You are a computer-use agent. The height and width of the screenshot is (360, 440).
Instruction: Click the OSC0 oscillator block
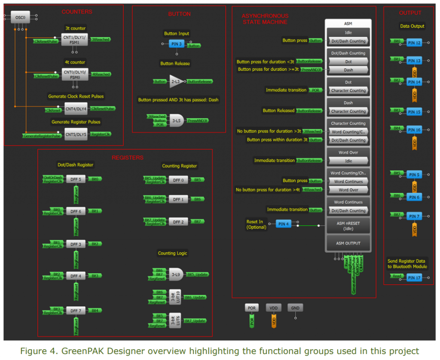[19, 17]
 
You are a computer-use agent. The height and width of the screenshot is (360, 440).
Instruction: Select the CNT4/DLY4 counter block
[76, 108]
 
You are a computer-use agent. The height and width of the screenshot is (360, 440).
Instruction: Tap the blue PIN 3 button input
[176, 44]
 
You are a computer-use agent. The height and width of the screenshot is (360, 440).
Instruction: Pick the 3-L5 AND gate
[176, 120]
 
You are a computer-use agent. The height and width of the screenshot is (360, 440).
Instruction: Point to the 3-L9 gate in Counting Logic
[176, 274]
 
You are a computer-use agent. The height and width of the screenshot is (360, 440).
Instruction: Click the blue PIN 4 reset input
[284, 224]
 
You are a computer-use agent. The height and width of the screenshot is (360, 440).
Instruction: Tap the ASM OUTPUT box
[348, 243]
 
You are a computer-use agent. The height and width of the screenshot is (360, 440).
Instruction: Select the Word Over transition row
[348, 190]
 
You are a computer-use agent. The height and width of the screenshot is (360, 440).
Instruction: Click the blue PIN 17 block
[414, 278]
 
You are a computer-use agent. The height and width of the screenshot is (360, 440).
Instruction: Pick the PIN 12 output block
[414, 43]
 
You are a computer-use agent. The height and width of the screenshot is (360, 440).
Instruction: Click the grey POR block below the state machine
[252, 308]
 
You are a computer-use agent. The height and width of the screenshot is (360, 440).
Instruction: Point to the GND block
[295, 308]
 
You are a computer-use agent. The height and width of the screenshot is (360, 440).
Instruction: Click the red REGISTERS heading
[128, 158]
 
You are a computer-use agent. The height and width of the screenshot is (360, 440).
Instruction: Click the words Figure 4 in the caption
[36, 351]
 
